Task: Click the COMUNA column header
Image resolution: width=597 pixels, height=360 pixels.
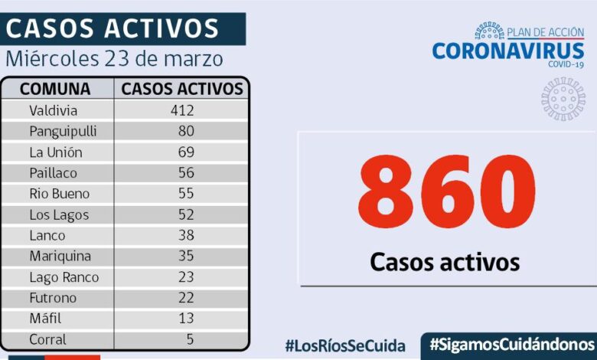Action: [55, 89]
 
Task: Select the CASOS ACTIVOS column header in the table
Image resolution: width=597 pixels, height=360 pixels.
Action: [182, 89]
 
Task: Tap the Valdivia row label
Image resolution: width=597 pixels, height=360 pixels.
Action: [54, 110]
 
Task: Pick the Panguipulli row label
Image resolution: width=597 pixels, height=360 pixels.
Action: [63, 131]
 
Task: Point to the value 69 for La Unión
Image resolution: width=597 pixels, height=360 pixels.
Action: [185, 152]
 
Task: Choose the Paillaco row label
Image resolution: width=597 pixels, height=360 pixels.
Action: [54, 173]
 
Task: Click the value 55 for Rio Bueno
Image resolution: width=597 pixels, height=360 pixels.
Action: [185, 194]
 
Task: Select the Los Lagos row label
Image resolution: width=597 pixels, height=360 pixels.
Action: [59, 215]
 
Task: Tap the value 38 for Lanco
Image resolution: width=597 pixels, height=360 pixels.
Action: [185, 236]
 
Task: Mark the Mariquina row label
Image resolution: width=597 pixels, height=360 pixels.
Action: [60, 257]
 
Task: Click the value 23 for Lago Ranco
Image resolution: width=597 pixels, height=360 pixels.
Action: [185, 277]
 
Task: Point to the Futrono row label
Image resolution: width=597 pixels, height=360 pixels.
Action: [53, 298]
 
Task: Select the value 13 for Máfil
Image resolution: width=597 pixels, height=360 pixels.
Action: [185, 319]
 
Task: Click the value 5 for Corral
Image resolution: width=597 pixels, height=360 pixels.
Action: [189, 339]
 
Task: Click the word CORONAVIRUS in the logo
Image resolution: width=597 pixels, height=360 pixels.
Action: [508, 51]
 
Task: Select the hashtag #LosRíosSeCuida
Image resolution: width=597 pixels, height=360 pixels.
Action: [344, 345]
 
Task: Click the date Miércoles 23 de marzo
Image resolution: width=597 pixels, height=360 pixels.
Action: [115, 58]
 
